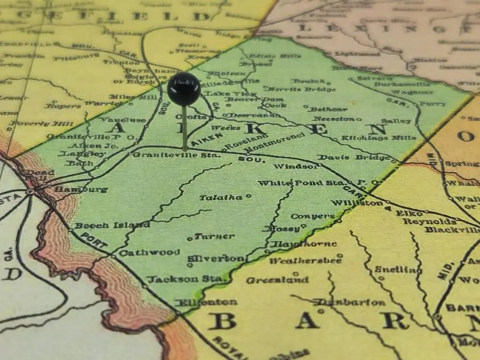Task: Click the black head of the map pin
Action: click(184, 89)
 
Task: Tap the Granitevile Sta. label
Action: click(177, 155)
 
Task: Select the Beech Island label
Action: click(112, 225)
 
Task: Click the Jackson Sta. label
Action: click(186, 279)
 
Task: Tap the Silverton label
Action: click(216, 258)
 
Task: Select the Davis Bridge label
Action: click(354, 157)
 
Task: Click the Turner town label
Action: click(214, 236)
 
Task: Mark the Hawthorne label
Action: click(303, 244)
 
